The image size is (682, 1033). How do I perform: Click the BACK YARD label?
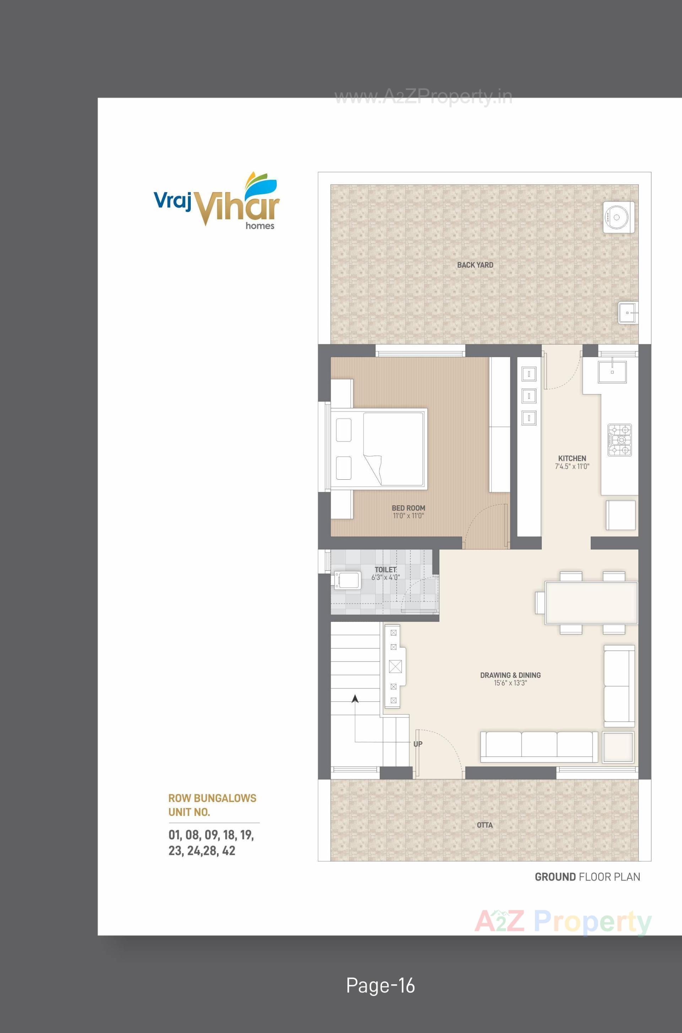(475, 265)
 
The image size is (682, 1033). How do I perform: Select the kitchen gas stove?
(619, 440)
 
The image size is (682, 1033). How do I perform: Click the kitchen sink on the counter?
(612, 372)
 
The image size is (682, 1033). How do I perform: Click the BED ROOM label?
(408, 508)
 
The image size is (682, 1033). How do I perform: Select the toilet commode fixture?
(347, 581)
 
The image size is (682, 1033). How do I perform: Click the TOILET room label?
(385, 570)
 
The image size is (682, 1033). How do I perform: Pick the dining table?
(591, 603)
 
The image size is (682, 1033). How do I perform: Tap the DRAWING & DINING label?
(510, 675)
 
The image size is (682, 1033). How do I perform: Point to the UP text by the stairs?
(418, 744)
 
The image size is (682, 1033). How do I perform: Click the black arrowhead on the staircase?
(355, 699)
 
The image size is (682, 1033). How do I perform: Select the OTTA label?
(485, 824)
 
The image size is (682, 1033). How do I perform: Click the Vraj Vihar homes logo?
(217, 201)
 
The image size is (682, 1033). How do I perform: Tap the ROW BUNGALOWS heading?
(212, 798)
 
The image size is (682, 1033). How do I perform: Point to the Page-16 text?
(380, 985)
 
